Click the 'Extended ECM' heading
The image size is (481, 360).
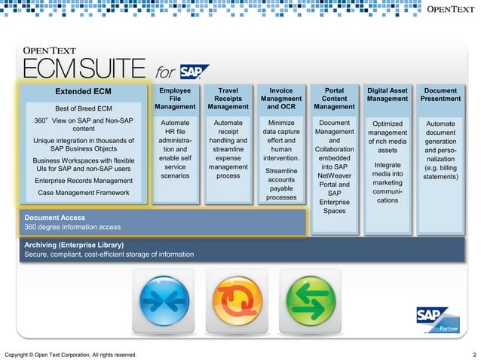(x=83, y=92)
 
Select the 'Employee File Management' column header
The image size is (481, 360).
(x=175, y=99)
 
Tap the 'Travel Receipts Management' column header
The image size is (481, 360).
(x=228, y=99)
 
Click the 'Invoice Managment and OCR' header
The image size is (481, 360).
(x=280, y=99)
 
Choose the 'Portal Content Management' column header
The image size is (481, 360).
(x=334, y=99)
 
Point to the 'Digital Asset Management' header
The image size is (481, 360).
(x=387, y=94)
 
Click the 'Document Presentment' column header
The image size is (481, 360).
(x=440, y=94)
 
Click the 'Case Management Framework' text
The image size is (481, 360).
(x=83, y=194)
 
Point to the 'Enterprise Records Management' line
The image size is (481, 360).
(x=83, y=181)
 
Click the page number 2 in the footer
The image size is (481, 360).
(x=473, y=354)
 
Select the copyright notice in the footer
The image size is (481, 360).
(x=71, y=354)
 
